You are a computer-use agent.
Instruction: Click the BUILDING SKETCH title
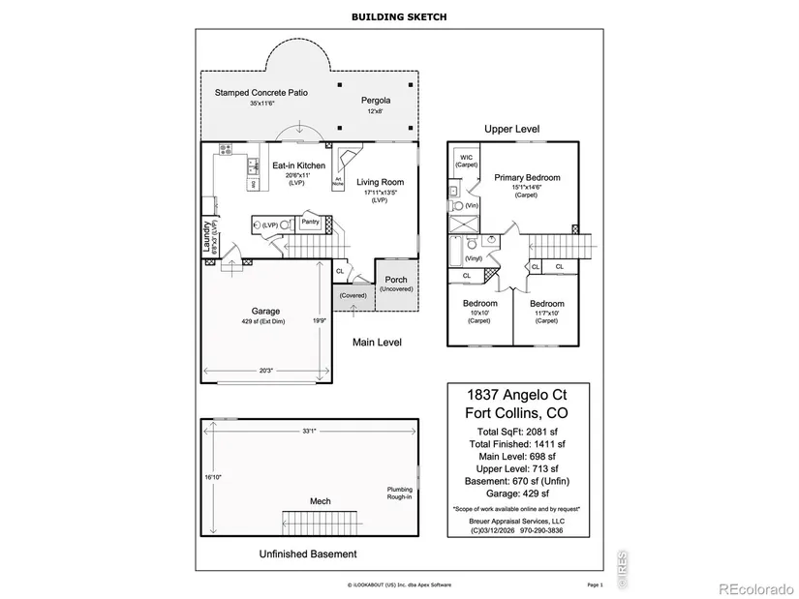tap(399, 16)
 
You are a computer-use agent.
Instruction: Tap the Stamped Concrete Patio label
tap(261, 93)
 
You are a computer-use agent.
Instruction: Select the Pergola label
tap(376, 101)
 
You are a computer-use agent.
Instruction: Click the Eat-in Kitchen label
tap(297, 165)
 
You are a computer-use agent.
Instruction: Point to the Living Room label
tap(380, 182)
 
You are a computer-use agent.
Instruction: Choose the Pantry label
tap(310, 222)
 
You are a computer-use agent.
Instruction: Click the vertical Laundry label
tap(207, 237)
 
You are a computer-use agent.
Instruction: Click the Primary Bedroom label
tap(527, 178)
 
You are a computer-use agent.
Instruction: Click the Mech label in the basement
tap(320, 501)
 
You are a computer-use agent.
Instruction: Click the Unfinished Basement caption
tap(308, 554)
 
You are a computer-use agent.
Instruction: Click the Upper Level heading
tap(512, 129)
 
